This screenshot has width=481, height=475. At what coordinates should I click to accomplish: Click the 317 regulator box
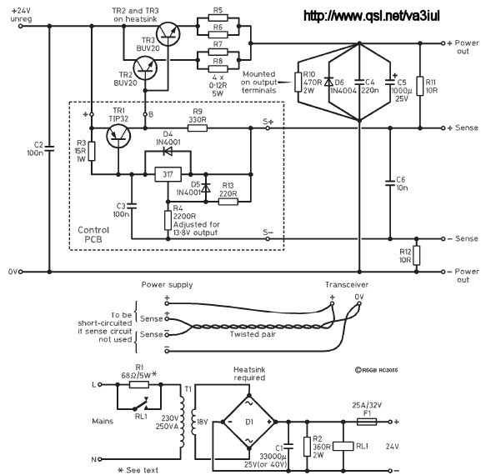tap(168, 174)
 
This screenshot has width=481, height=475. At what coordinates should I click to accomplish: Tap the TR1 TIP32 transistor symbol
tap(118, 136)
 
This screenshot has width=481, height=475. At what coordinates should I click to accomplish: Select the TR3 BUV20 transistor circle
tap(168, 34)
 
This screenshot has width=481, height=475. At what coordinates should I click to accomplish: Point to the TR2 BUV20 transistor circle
tap(145, 68)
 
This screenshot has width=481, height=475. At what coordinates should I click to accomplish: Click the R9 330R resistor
tap(198, 127)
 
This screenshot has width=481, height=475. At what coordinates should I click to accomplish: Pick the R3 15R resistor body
tap(92, 151)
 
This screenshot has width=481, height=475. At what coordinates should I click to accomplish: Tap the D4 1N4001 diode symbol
tap(168, 151)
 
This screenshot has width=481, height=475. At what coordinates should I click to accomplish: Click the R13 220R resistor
tap(228, 202)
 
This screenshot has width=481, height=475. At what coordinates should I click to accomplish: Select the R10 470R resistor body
tap(298, 82)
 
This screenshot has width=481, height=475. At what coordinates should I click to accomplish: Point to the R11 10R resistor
tap(420, 86)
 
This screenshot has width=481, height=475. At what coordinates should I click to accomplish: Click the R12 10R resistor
tap(416, 256)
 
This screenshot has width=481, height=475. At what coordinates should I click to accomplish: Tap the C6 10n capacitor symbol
tap(390, 183)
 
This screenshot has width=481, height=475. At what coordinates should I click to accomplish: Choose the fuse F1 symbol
tap(367, 422)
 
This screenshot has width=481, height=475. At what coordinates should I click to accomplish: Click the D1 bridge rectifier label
tap(249, 422)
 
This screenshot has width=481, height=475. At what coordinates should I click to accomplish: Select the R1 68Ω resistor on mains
tap(139, 384)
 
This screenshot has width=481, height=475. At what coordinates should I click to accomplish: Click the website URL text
tap(372, 15)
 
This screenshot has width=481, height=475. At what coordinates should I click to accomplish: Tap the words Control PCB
tap(93, 235)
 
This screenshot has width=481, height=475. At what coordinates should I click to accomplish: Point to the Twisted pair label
tap(253, 334)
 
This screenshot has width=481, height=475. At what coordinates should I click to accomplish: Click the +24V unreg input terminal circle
tap(21, 27)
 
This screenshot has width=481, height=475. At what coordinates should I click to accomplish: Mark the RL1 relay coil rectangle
tap(343, 446)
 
